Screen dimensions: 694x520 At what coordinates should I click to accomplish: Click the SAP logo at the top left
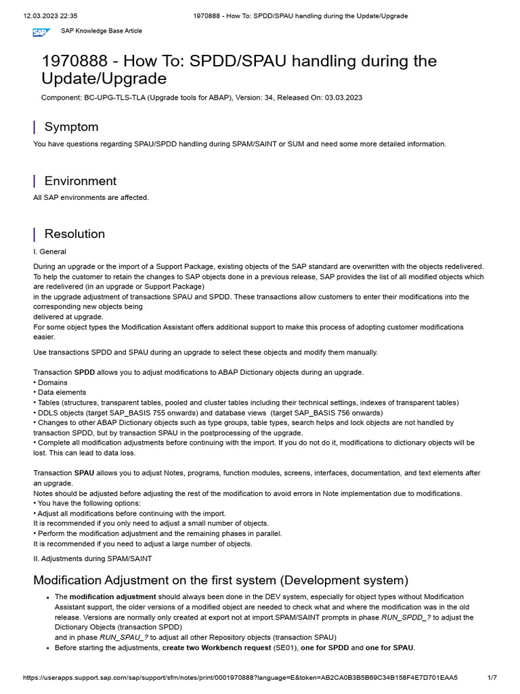pyautogui.click(x=41, y=32)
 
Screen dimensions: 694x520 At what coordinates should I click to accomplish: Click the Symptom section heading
pyautogui.click(x=71, y=127)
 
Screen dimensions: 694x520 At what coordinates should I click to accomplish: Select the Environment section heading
pyautogui.click(x=80, y=181)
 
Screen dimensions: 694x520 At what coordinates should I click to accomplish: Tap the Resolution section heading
pyautogui.click(x=74, y=234)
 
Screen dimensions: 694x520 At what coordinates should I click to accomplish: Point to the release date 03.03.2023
pyautogui.click(x=343, y=98)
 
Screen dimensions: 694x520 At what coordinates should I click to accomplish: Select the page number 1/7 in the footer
pyautogui.click(x=492, y=677)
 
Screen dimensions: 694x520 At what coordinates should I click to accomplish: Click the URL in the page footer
pyautogui.click(x=240, y=677)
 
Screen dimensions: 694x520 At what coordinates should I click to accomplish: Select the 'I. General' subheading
pyautogui.click(x=49, y=251)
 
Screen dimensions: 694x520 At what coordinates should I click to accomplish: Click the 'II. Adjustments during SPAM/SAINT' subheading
pyautogui.click(x=93, y=558)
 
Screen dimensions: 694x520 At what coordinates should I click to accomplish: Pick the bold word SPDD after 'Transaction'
pyautogui.click(x=85, y=372)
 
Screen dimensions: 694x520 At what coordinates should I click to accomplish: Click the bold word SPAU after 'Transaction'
pyautogui.click(x=85, y=473)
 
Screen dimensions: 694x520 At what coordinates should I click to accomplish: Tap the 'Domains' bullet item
pyautogui.click(x=53, y=382)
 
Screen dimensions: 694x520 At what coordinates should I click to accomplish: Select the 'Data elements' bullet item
pyautogui.click(x=62, y=392)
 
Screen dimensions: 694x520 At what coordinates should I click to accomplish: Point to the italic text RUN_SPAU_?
pyautogui.click(x=124, y=637)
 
